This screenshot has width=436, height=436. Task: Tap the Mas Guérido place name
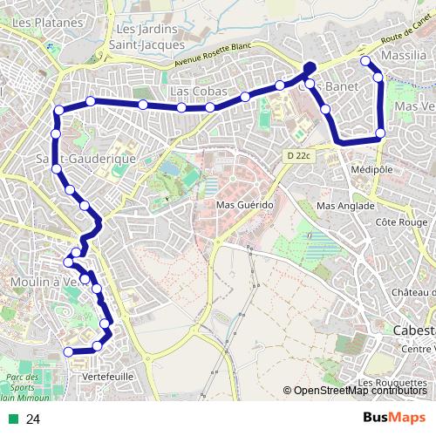point(245,205)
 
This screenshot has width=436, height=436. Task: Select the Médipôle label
point(372,168)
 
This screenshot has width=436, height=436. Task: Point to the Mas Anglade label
point(345,206)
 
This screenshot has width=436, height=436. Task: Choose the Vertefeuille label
point(106,376)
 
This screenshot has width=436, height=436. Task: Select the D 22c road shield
point(298,155)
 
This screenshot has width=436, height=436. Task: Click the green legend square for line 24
point(11,419)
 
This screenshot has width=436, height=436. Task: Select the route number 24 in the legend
point(33,419)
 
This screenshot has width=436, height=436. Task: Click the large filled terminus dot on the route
point(310,68)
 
